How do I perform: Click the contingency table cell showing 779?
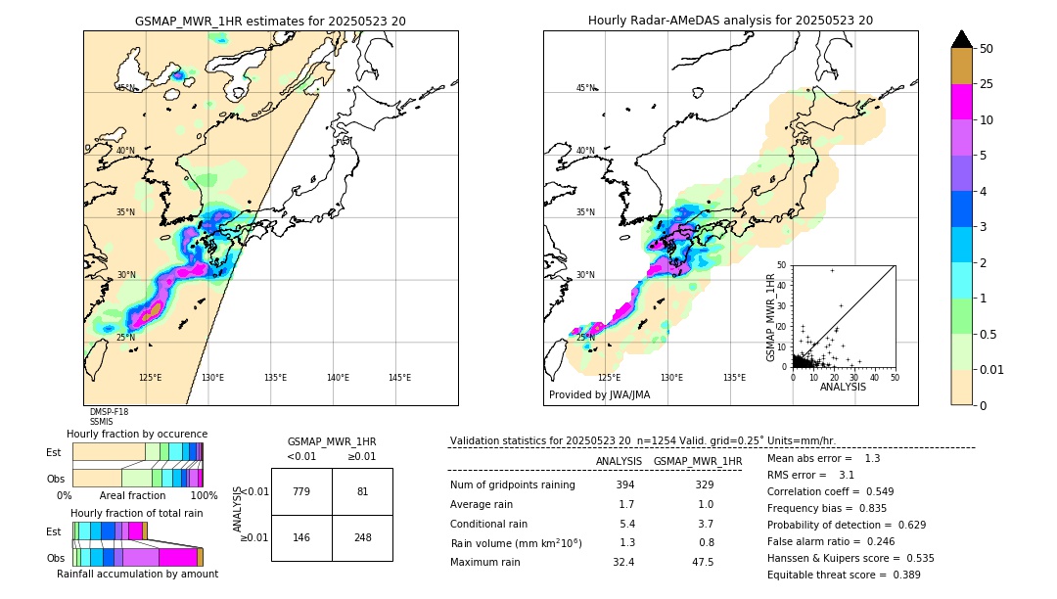pos(301,491)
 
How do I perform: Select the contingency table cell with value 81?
pos(362,491)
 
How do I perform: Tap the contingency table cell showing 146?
pos(301,537)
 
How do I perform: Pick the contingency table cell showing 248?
pos(362,537)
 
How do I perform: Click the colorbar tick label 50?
pos(987,48)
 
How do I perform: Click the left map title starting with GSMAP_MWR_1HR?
pos(270,21)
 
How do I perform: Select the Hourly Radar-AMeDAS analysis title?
pos(730,21)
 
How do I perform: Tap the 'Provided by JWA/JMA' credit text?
pos(599,395)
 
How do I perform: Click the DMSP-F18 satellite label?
pos(109,412)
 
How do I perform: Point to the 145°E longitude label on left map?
pos(399,378)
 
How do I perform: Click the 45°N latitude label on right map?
pos(585,88)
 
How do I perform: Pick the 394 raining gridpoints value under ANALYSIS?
pos(626,485)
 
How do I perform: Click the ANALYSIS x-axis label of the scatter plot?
pos(843,387)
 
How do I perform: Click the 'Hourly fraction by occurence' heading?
pos(137,434)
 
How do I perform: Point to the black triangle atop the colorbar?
pos(962,39)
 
